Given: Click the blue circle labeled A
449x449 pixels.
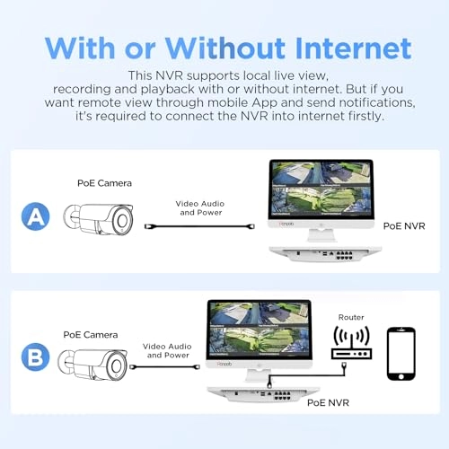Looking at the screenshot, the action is [x=35, y=216].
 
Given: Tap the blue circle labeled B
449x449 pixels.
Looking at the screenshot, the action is [x=35, y=357].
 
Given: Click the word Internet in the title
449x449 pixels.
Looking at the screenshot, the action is [x=353, y=48].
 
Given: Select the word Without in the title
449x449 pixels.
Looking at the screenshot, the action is [x=225, y=48].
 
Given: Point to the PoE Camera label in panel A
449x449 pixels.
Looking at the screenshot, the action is [x=104, y=183].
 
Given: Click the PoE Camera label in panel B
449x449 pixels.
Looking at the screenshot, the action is [x=91, y=335].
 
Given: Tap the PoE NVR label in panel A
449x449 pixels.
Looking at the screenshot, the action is [x=404, y=226].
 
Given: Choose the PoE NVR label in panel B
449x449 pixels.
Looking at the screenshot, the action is [x=328, y=402].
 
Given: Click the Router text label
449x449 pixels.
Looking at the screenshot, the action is [x=351, y=317].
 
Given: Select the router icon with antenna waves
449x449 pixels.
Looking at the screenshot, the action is [x=351, y=343].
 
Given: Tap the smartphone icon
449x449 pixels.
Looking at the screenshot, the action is [x=401, y=354].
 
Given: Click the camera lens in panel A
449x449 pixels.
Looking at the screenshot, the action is [x=122, y=221].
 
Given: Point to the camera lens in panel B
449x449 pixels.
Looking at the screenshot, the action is [x=116, y=366].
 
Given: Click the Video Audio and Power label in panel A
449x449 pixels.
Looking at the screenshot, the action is [x=200, y=208].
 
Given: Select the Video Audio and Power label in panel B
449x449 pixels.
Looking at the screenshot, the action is [x=167, y=351].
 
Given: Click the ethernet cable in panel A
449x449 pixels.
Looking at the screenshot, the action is [x=199, y=226].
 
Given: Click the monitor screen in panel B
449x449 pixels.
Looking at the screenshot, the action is [x=260, y=330].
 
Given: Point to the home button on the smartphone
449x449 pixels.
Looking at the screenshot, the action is [x=401, y=376].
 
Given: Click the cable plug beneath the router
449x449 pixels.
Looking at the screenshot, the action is [x=344, y=365].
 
